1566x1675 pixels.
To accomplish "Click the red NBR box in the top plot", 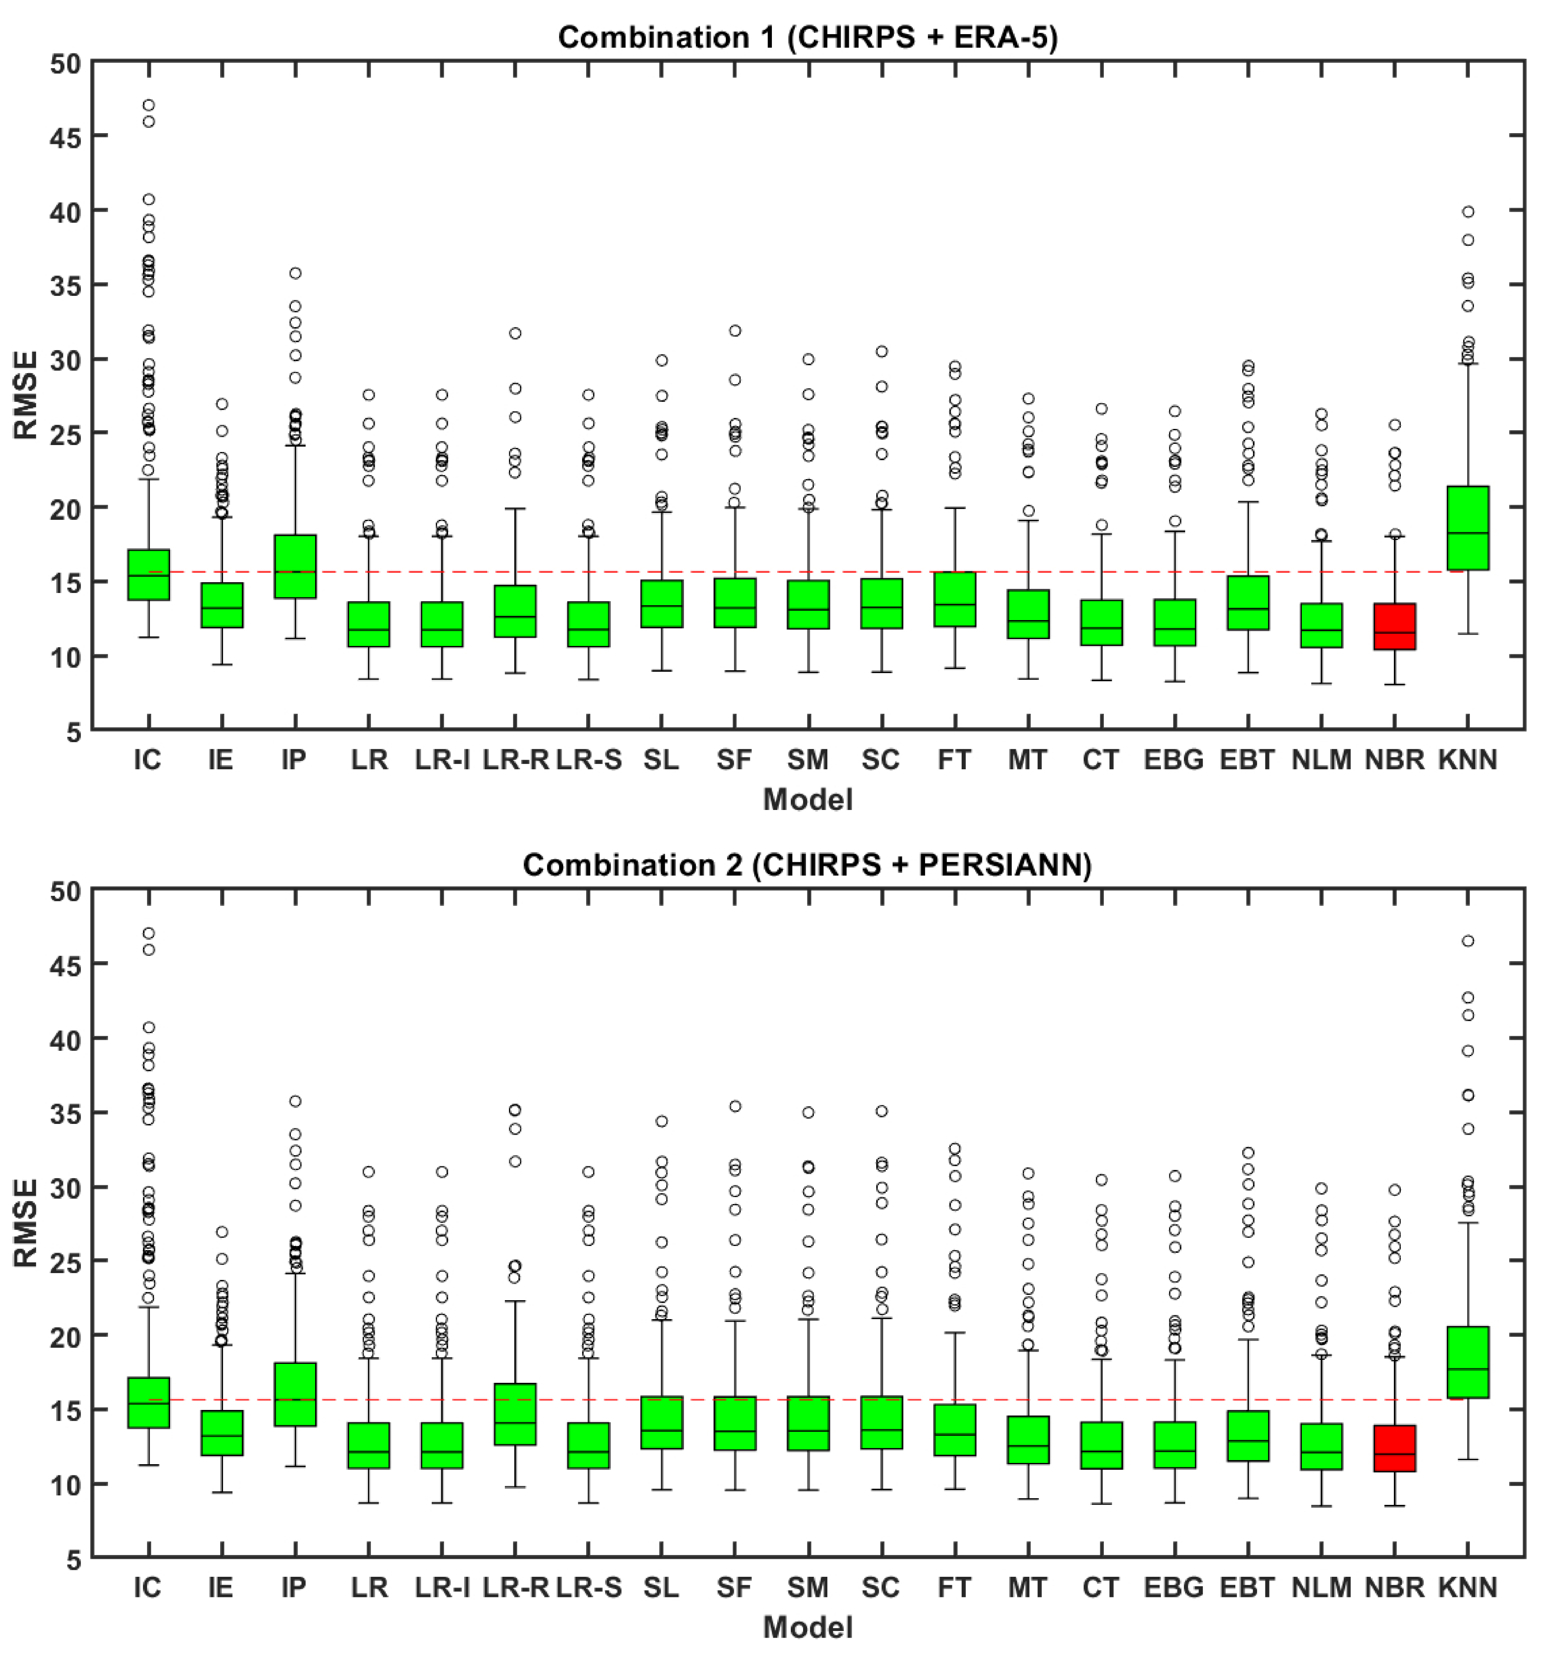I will [1394, 626].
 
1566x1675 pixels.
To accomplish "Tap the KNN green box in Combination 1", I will [1467, 528].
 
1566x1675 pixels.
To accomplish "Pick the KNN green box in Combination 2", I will [1467, 1362].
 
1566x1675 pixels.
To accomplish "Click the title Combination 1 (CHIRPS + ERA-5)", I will [807, 37].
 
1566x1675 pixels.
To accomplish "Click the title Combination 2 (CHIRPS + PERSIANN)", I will [807, 865].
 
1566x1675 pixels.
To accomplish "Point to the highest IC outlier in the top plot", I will [148, 105].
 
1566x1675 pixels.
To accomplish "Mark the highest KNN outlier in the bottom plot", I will [1467, 941].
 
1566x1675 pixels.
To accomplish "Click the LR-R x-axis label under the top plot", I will [515, 760].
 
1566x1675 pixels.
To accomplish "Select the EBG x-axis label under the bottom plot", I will [1173, 1588].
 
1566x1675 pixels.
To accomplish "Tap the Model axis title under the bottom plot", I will [807, 1628].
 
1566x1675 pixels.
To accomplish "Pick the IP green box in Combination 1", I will [295, 566].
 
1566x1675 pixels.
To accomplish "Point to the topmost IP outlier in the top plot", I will [295, 273].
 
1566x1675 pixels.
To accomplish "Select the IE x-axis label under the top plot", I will [221, 760].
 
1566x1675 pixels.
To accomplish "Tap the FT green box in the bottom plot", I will [954, 1430].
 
